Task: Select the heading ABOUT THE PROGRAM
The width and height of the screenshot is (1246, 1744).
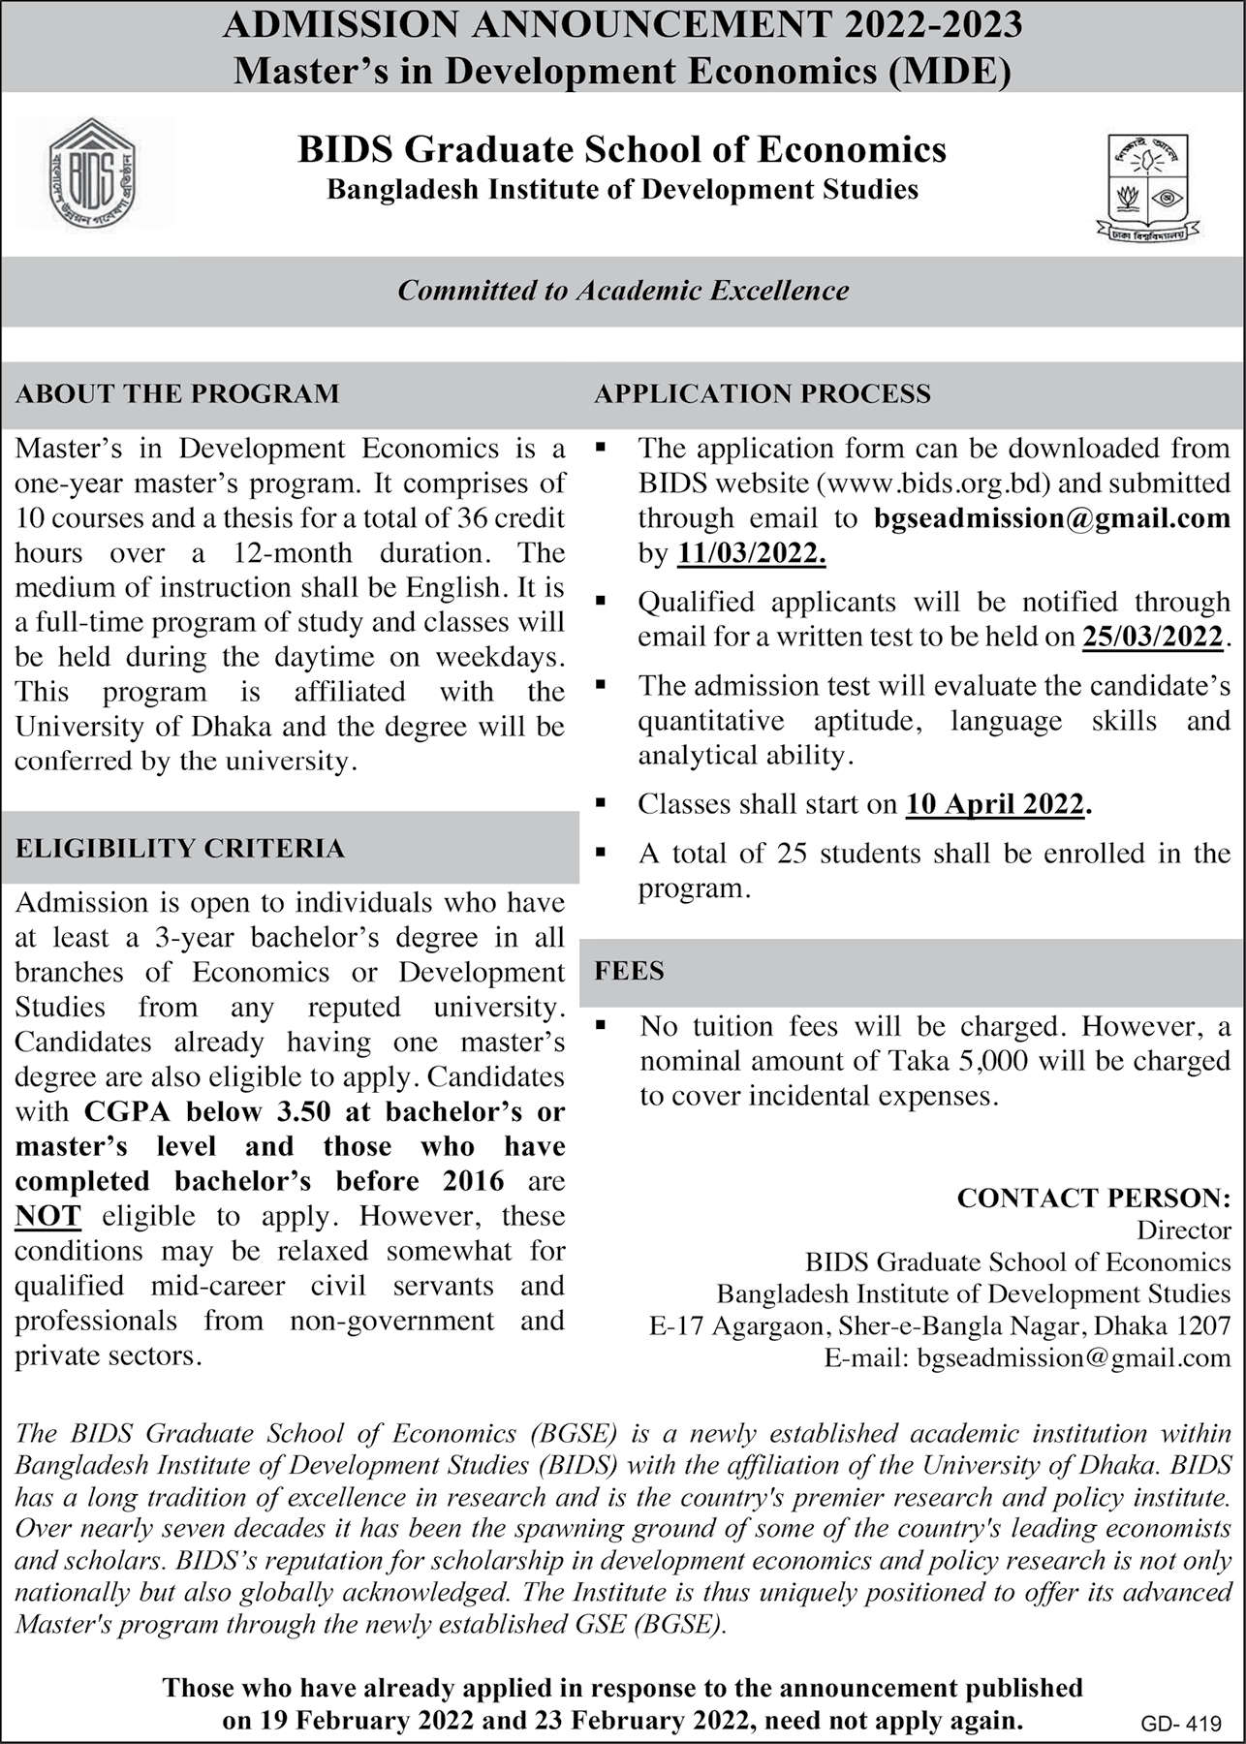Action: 177,393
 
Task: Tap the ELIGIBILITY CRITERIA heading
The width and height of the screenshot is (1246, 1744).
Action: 180,849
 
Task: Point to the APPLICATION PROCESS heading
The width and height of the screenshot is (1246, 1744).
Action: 763,393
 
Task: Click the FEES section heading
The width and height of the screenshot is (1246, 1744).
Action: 629,971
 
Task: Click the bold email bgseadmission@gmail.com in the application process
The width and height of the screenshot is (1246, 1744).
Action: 1051,518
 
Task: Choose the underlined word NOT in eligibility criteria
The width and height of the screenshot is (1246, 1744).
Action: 48,1216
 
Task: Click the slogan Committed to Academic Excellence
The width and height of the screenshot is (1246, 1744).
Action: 623,291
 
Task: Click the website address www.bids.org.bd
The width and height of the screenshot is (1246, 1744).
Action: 919,483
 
